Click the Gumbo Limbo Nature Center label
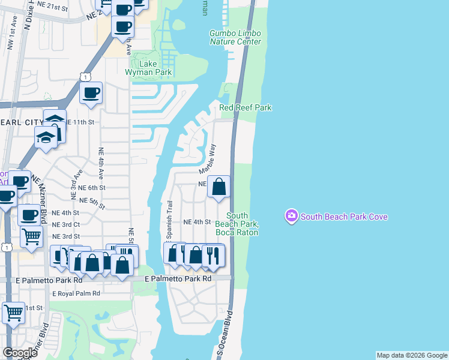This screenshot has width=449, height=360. coord(235,37)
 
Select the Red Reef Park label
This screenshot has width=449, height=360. coord(246,107)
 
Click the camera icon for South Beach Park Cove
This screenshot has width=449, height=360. coord(292,216)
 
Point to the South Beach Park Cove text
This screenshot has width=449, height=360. coord(344,217)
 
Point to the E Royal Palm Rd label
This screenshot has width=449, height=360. coord(76,293)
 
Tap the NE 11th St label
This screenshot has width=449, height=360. coord(80,122)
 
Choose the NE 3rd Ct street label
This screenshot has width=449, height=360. coord(66,224)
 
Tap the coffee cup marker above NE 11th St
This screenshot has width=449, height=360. coord(91,94)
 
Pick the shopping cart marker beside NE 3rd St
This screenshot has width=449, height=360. coord(31,235)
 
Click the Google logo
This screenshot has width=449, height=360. coord(20,353)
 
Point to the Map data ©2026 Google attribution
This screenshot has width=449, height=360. coord(412,355)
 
